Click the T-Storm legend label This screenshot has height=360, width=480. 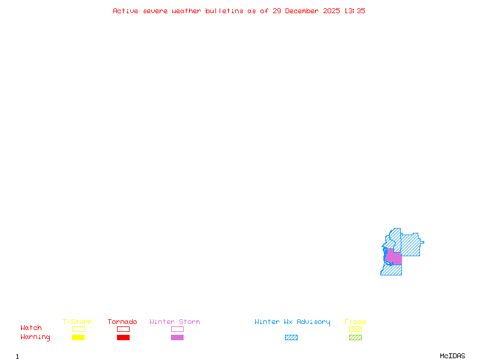tap(77, 322)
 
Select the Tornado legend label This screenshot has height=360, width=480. tap(122, 322)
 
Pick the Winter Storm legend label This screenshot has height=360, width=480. tap(175, 322)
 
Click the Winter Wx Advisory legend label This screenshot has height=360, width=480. tap(292, 322)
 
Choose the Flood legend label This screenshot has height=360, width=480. tap(355, 322)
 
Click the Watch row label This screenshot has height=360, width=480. tap(31, 328)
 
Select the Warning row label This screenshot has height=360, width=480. tap(35, 337)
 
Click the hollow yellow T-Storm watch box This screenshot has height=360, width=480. tap(78, 329)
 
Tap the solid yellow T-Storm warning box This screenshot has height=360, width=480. tap(78, 337)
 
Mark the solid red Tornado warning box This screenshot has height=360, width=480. tap(123, 337)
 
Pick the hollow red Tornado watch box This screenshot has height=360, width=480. tap(123, 329)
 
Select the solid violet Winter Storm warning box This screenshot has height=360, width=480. tap(177, 337)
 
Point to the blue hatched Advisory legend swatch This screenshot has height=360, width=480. tap(291, 337)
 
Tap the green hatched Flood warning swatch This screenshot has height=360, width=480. tap(355, 337)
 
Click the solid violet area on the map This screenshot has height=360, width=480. tap(394, 258)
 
